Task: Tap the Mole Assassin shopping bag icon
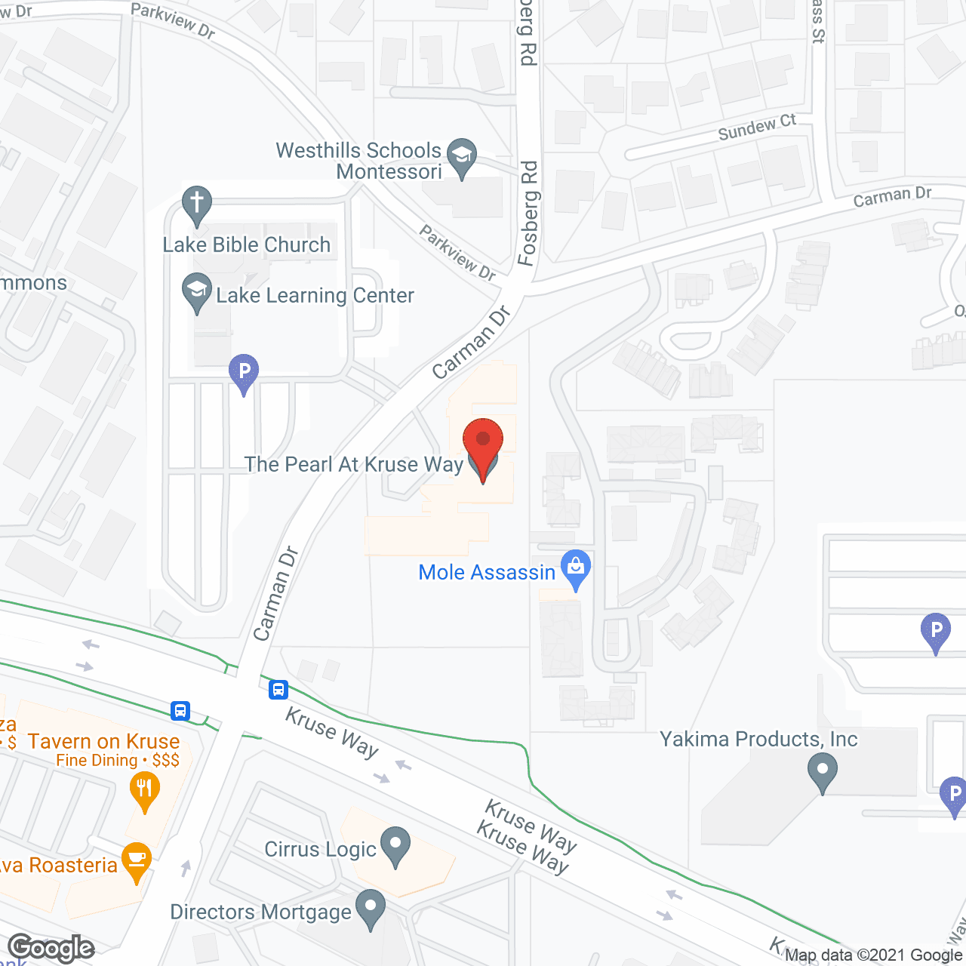(x=576, y=568)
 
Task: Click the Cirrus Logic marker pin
(x=395, y=845)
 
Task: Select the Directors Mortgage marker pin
(x=370, y=909)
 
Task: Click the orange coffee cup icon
(x=136, y=861)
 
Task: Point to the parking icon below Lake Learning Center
(x=243, y=373)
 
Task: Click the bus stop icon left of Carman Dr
(x=180, y=710)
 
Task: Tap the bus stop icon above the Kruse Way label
(x=278, y=688)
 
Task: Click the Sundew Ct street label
(x=756, y=128)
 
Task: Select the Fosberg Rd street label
(x=528, y=213)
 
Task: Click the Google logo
(x=51, y=948)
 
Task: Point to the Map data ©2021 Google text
(x=873, y=955)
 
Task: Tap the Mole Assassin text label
(x=487, y=572)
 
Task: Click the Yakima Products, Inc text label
(x=758, y=739)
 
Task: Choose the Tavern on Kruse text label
(x=104, y=741)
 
